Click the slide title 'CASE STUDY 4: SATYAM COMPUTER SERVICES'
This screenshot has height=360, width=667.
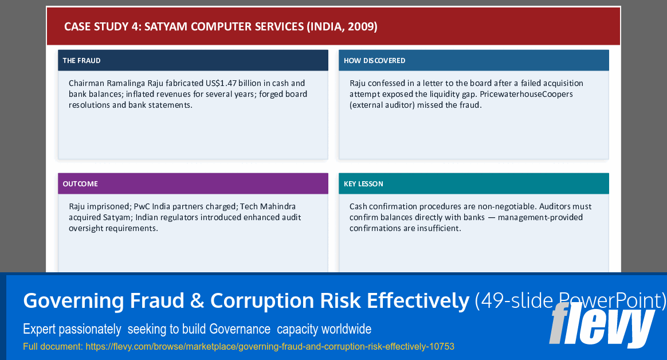click(184, 26)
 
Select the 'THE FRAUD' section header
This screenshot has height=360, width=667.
click(81, 60)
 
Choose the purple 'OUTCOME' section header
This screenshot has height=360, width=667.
click(80, 183)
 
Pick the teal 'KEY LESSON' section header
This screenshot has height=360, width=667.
click(363, 183)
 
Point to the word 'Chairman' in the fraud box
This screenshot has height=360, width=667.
click(86, 83)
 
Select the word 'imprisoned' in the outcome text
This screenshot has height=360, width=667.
click(109, 206)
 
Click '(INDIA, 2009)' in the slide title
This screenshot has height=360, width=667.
click(342, 26)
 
